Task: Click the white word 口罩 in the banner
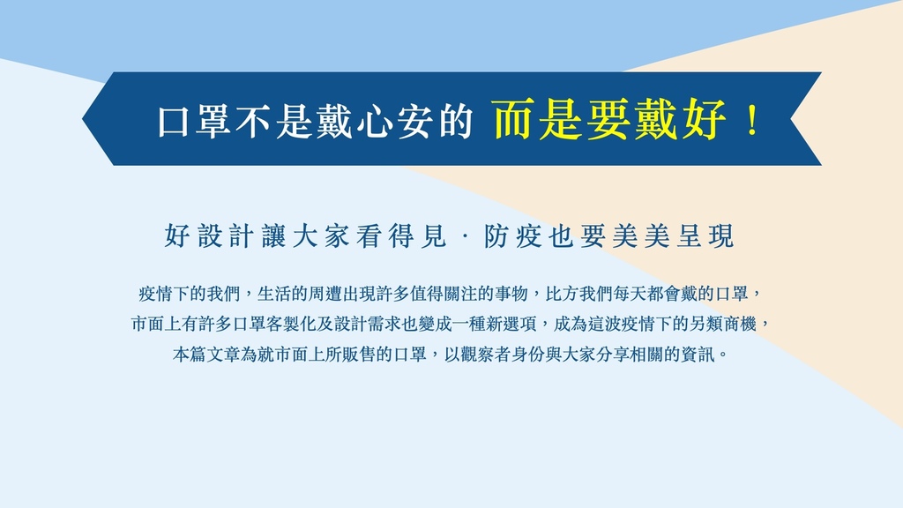pyautogui.click(x=196, y=120)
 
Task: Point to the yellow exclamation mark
pyautogui.click(x=752, y=120)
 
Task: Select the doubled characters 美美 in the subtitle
pyautogui.click(x=641, y=236)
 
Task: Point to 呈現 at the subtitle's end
pyautogui.click(x=705, y=236)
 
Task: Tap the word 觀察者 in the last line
pyautogui.click(x=486, y=355)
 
